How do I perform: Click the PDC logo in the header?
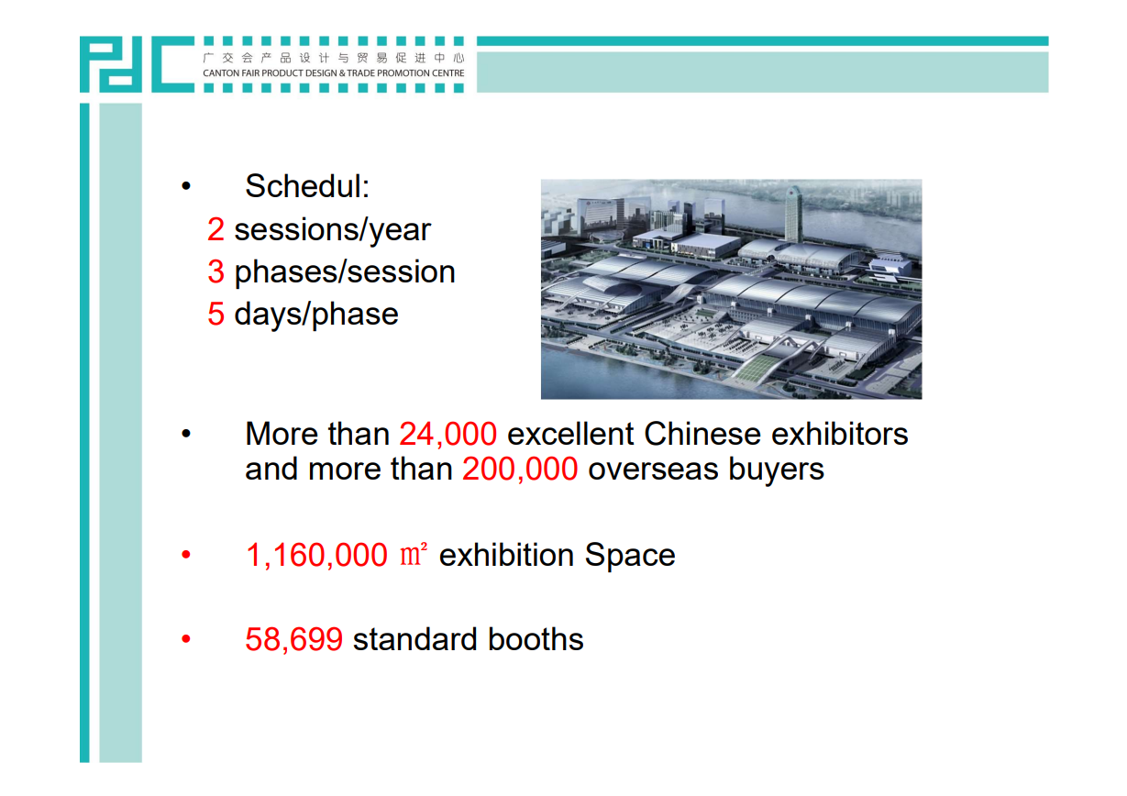[137, 64]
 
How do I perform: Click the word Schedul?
[307, 186]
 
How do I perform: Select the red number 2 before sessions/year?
[215, 229]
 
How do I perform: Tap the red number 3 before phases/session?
[215, 271]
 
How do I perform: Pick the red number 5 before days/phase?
[215, 314]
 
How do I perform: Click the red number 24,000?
[447, 435]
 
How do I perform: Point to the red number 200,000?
[520, 469]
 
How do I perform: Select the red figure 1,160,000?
[316, 556]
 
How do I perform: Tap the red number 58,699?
[293, 639]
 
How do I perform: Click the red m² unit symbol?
[414, 554]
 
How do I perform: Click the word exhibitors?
[840, 434]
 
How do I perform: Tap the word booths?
[536, 639]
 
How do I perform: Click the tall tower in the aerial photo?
[793, 214]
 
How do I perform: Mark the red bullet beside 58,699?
[186, 639]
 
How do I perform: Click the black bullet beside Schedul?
[186, 186]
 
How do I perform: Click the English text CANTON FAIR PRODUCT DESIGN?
[270, 73]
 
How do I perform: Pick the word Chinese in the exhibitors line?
[702, 434]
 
